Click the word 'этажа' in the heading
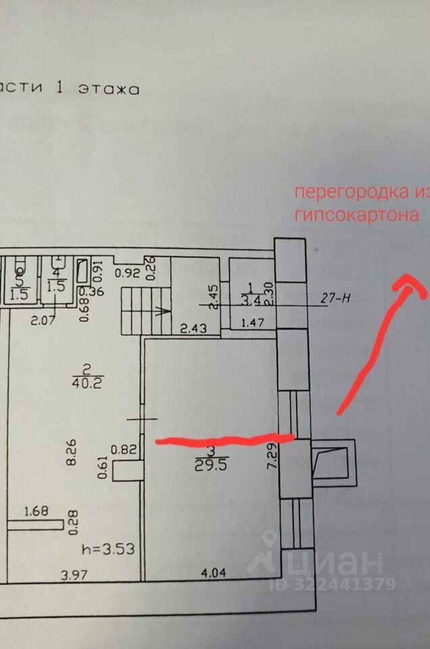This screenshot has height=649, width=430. [x=109, y=88]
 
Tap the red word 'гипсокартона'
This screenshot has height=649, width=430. [x=357, y=215]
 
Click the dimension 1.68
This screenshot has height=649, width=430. [x=37, y=511]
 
